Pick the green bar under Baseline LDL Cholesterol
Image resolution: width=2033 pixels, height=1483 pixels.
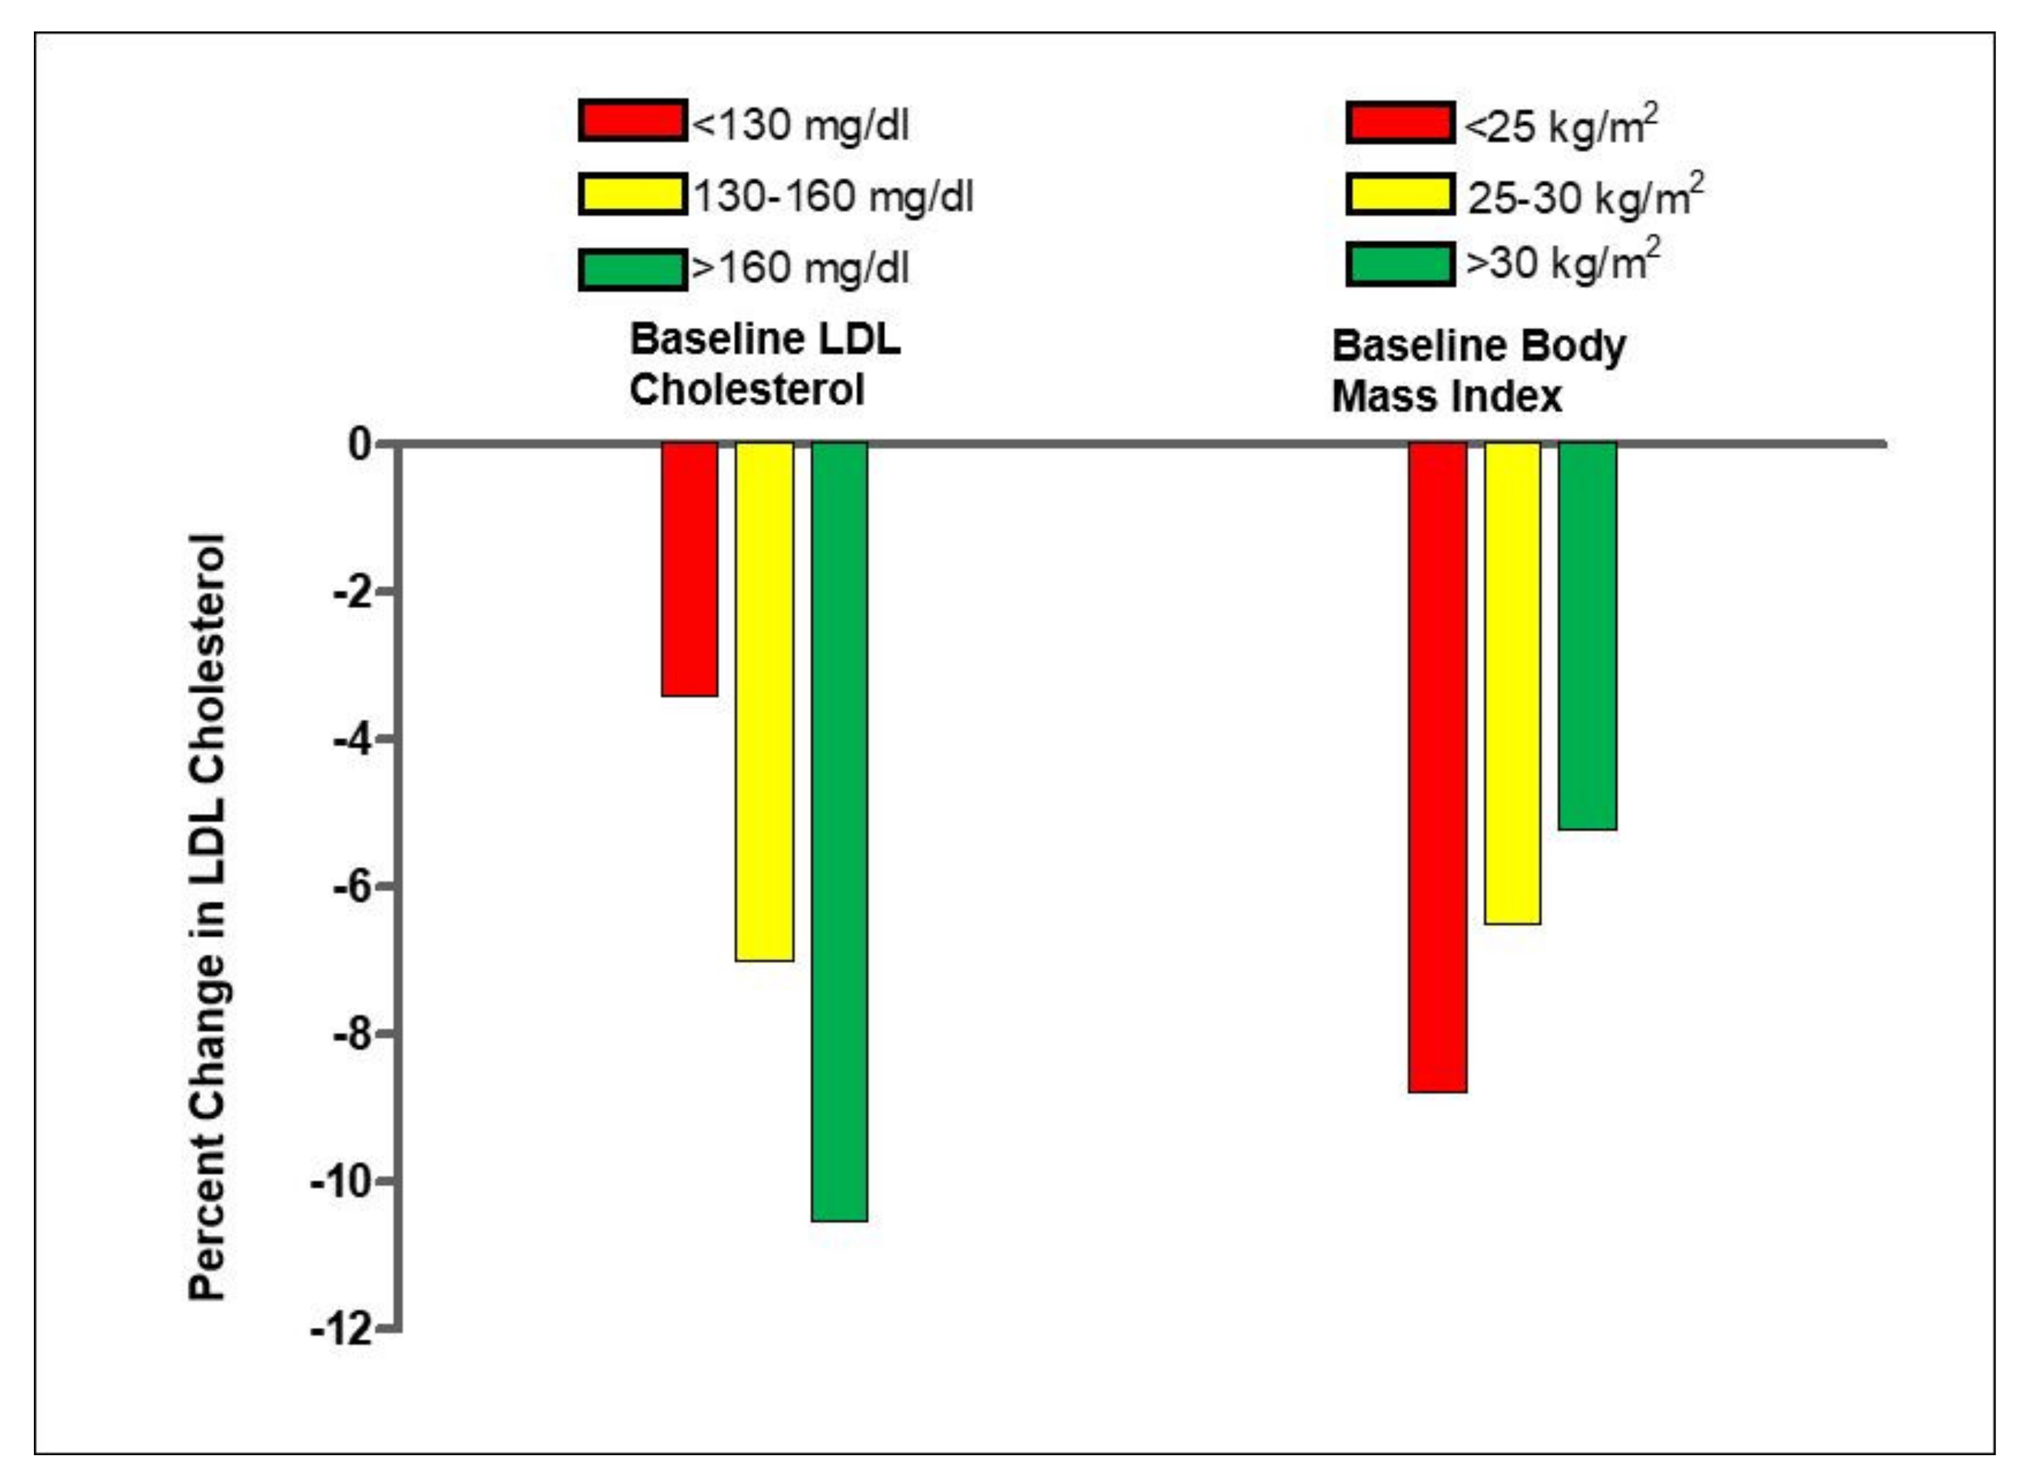click(x=840, y=831)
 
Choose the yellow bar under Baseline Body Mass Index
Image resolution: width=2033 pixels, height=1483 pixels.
click(x=1512, y=682)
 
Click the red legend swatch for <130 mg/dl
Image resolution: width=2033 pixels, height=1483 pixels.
click(x=632, y=121)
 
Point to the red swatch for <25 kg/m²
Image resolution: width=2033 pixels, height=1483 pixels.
click(x=1400, y=123)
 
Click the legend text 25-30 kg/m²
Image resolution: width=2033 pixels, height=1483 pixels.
click(x=1585, y=196)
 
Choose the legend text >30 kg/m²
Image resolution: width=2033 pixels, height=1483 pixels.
click(x=1562, y=262)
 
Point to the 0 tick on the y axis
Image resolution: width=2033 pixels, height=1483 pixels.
click(x=360, y=444)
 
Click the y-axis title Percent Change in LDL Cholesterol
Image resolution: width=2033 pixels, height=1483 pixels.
click(x=207, y=916)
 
